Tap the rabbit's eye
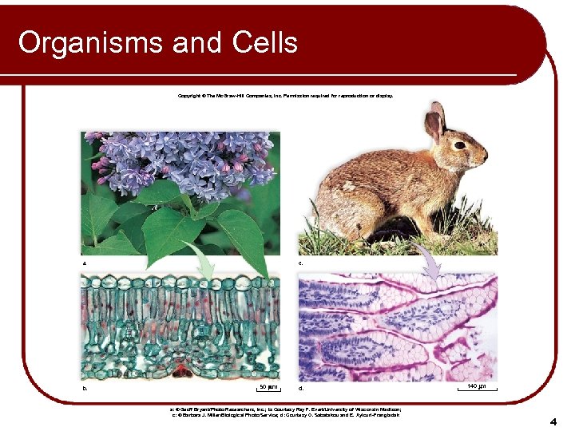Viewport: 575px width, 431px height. pos(460,144)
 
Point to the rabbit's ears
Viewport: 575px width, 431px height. pos(435,121)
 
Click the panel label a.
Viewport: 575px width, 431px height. pos(85,262)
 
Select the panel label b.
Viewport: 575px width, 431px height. pos(85,389)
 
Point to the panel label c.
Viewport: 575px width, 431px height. pos(301,262)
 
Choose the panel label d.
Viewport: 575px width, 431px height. pos(301,389)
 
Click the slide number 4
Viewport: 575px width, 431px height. pos(552,421)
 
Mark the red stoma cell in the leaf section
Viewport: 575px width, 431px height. pos(183,369)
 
